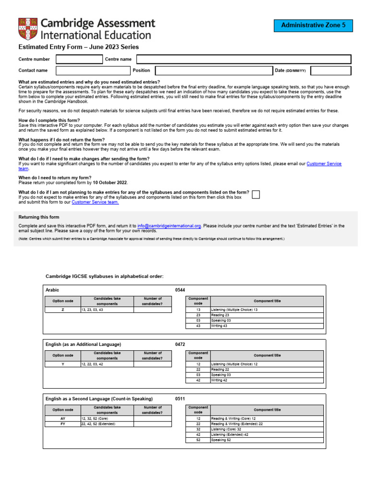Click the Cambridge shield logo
pyautogui.click(x=28, y=28)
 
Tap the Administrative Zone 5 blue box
pyautogui.click(x=313, y=25)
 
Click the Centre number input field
pyautogui.click(x=79, y=60)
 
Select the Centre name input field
pyautogui.click(x=244, y=60)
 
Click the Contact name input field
pyautogui.click(x=93, y=71)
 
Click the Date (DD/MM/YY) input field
pyautogui.click(x=331, y=71)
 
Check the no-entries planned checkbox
pyautogui.click(x=256, y=194)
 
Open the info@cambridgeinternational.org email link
pyautogui.click(x=169, y=226)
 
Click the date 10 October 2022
pyautogui.click(x=110, y=183)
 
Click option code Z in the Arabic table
pyautogui.click(x=62, y=310)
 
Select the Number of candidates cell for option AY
pyautogui.click(x=152, y=418)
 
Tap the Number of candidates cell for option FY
pyautogui.click(x=152, y=424)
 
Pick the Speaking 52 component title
pyautogui.click(x=222, y=440)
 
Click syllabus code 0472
pyautogui.click(x=180, y=344)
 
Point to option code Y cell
pyautogui.click(x=62, y=364)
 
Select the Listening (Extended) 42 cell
pyautogui.click(x=230, y=434)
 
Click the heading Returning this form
pyautogui.click(x=39, y=217)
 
